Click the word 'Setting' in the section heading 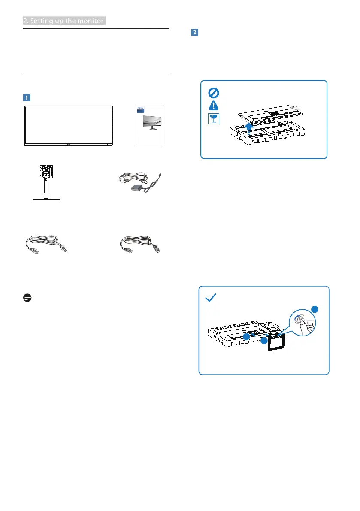(41, 21)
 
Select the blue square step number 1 (26, 97)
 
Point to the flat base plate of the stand (45, 199)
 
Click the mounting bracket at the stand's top (45, 171)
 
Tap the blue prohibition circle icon (213, 92)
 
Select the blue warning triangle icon (213, 106)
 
